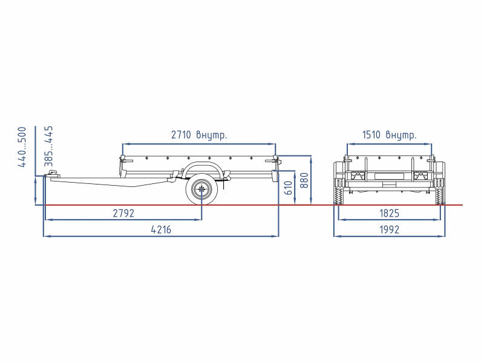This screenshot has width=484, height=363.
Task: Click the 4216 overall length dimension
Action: (161, 230)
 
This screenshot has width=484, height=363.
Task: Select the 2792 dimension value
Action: (123, 214)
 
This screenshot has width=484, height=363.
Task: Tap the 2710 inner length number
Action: (181, 135)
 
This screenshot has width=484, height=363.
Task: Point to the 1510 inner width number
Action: (371, 135)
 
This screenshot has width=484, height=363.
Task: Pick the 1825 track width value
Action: (389, 214)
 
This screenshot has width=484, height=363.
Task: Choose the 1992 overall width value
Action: (389, 230)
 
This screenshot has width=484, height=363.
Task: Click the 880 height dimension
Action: (304, 180)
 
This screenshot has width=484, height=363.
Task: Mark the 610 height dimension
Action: (288, 188)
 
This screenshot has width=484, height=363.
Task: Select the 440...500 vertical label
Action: (22, 147)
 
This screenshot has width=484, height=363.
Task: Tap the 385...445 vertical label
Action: (49, 146)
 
